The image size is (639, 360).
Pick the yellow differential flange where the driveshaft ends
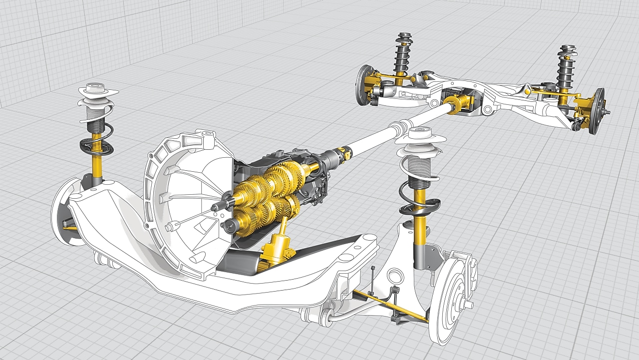coord(454,105)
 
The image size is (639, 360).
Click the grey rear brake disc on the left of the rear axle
coord(363,83)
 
